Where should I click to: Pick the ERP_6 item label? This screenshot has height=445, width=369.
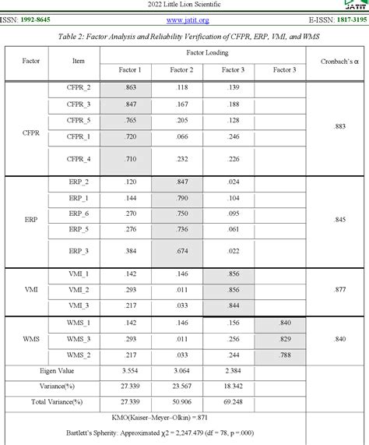point(79,213)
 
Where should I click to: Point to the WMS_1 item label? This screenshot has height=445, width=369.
point(79,323)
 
